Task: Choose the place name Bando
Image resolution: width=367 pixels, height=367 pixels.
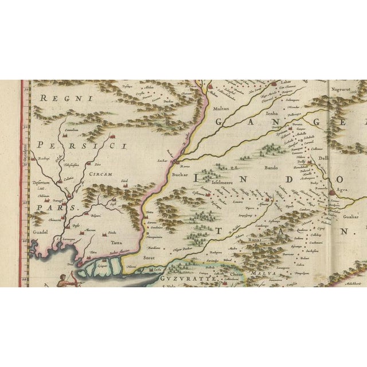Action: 271,169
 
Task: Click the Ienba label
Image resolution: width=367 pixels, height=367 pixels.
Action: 272,114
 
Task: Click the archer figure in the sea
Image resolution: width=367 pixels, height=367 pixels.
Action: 64,279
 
